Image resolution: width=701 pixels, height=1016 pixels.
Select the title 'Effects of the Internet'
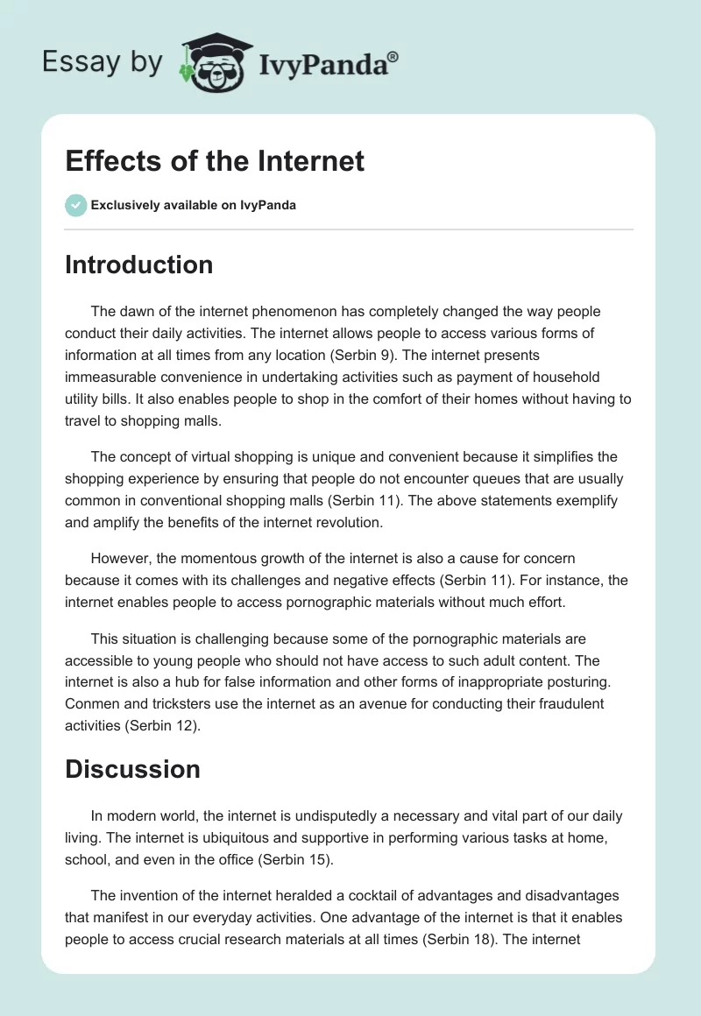pyautogui.click(x=215, y=161)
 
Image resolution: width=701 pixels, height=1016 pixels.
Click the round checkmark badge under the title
pyautogui.click(x=75, y=205)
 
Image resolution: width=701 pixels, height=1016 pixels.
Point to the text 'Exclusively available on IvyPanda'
pyautogui.click(x=193, y=205)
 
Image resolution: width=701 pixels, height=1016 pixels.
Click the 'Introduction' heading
pyautogui.click(x=138, y=265)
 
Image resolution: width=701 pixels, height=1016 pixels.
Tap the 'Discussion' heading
pyautogui.click(x=132, y=769)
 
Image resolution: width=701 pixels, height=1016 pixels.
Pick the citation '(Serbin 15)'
pyautogui.click(x=295, y=859)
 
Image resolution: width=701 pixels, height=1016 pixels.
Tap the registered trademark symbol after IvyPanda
pyautogui.click(x=393, y=56)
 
